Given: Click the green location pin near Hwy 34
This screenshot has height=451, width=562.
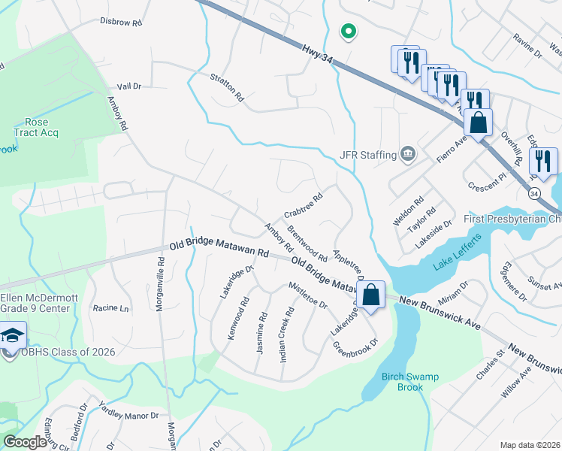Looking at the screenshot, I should [x=348, y=31].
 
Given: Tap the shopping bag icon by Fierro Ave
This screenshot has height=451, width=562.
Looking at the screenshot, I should [x=478, y=122].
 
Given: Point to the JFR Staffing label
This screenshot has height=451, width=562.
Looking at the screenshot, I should [x=367, y=155].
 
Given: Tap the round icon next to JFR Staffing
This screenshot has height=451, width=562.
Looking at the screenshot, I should [x=407, y=154].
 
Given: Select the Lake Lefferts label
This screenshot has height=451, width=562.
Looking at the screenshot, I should [x=455, y=264].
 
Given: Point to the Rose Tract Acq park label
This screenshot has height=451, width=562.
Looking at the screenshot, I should [x=36, y=127].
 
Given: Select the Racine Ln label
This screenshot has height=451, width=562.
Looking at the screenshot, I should [x=110, y=308].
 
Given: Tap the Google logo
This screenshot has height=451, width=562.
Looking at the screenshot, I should [x=25, y=442].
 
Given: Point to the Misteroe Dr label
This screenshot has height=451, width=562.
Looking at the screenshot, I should [x=308, y=295].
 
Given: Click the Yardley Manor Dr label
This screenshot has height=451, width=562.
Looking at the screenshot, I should [x=128, y=410].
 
